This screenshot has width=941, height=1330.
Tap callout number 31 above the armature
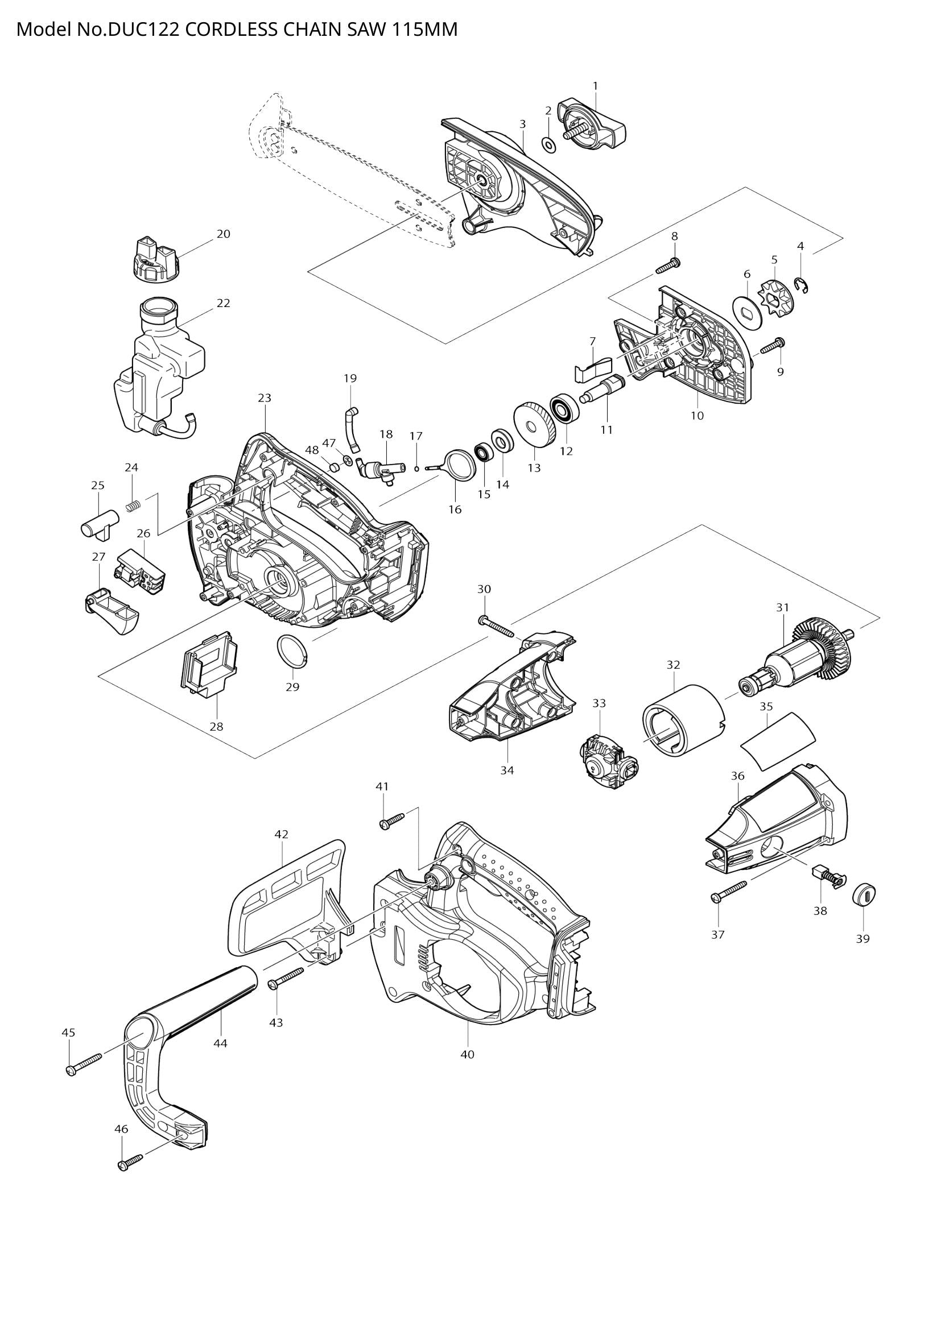point(783,607)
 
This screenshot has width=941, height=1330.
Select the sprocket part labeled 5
point(775,297)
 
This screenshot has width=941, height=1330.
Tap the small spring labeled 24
point(134,506)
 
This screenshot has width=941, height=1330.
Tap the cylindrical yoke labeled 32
point(683,720)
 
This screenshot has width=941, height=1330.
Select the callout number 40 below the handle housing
point(467,1054)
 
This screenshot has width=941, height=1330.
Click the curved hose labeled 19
point(352,428)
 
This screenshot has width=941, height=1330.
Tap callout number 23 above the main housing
point(264,398)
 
